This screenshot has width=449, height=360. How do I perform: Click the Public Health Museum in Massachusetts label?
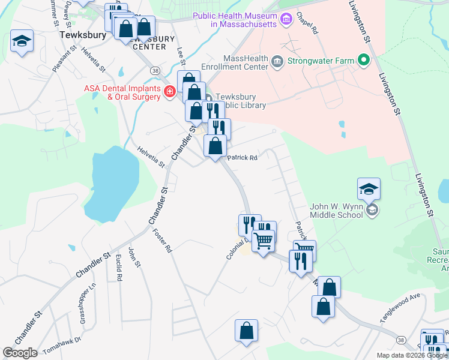click(x=235, y=20)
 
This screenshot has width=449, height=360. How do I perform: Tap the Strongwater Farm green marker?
click(x=363, y=60)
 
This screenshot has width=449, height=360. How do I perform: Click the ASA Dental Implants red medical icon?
click(x=170, y=92)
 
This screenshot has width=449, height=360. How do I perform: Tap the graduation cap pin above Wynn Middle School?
click(x=368, y=191)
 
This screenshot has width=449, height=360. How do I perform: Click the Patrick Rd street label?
click(x=242, y=158)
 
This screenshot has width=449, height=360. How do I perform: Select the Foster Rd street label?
click(x=163, y=241)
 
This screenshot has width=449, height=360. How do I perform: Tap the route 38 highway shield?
click(x=155, y=70)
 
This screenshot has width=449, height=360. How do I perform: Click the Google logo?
click(x=20, y=353)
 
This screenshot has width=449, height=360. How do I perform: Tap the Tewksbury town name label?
click(x=83, y=35)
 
